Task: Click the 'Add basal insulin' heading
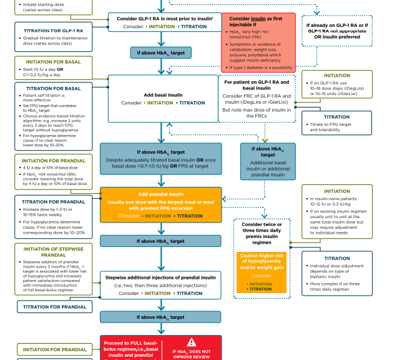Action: pos(164,94)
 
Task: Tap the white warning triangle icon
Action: pos(191,342)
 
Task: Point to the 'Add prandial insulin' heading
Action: pos(161,194)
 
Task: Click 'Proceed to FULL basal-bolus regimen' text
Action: pos(130,347)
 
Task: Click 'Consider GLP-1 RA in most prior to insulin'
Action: pos(164,18)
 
